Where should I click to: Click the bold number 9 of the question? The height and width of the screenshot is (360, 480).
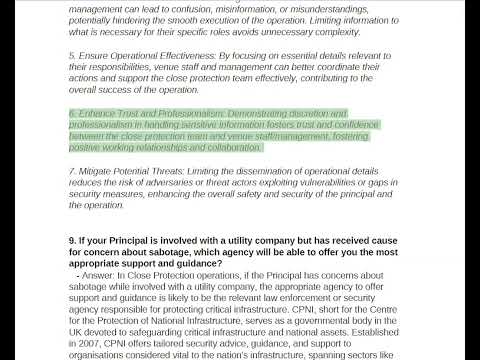click(72, 241)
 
